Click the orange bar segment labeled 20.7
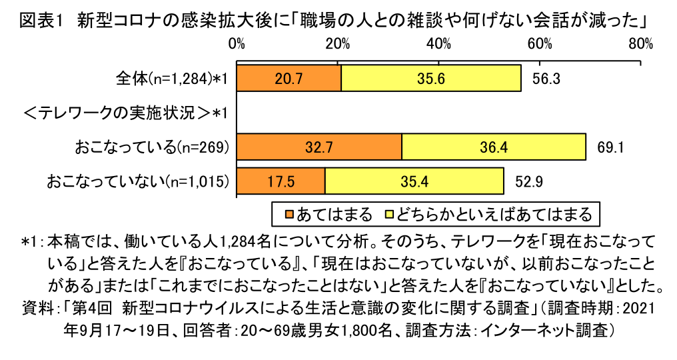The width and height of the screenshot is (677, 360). tap(289, 79)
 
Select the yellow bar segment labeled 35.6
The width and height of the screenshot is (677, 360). tap(431, 79)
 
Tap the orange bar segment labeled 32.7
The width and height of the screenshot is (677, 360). tap(319, 147)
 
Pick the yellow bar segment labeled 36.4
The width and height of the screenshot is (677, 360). tap(494, 147)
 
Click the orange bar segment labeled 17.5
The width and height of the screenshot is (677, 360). tap(281, 181)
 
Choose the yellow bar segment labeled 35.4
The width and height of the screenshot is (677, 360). tap(414, 181)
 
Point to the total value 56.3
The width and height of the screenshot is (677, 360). tap(546, 79)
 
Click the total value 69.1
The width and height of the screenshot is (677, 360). tap(610, 147)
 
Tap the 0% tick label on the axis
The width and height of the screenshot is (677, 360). tap(237, 45)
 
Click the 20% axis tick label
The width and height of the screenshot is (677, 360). tap(338, 45)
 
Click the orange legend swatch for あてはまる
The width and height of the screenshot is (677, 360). tap(289, 214)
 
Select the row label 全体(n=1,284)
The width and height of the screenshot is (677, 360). tap(172, 79)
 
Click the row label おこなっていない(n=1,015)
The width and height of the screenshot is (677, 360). tap(138, 181)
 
